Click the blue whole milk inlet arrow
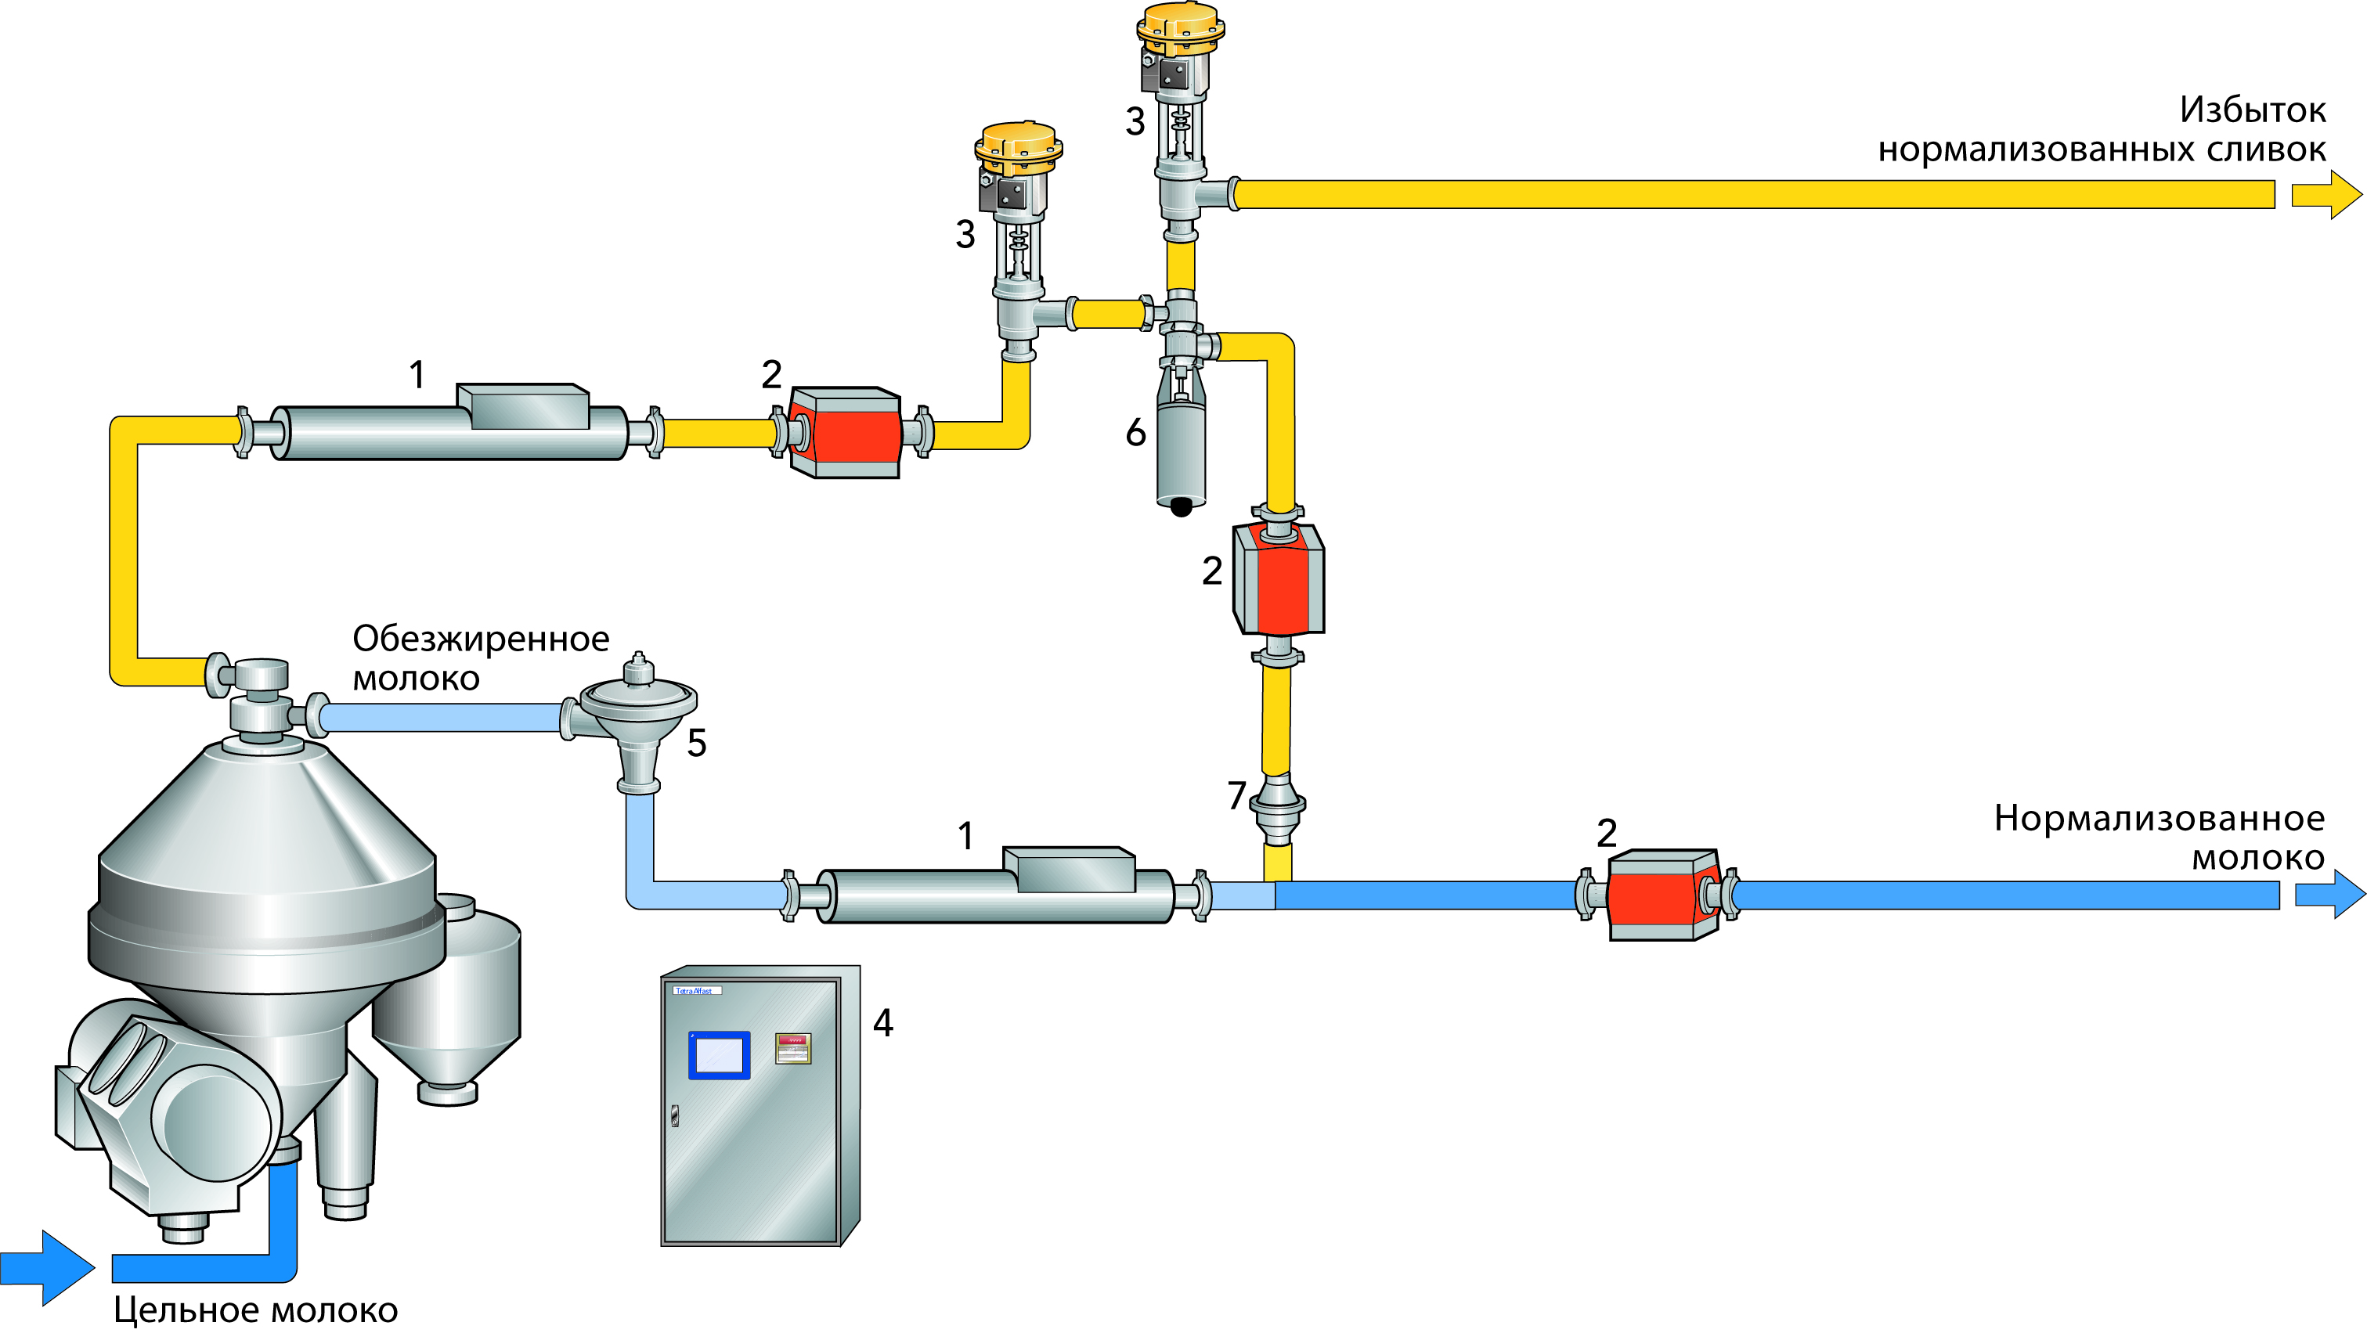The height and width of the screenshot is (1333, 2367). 46,1268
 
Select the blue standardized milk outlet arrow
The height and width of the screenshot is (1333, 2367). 2329,895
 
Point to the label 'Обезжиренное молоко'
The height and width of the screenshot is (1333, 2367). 480,657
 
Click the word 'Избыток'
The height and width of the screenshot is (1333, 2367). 2252,110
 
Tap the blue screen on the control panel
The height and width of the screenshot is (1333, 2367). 719,1054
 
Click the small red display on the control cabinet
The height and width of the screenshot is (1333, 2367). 792,1048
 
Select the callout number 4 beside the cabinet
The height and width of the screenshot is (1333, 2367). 883,1022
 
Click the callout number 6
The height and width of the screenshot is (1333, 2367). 1135,433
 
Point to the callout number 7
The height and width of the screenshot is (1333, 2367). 1237,795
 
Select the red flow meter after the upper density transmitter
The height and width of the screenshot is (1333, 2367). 844,433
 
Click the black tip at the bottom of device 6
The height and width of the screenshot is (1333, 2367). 1181,506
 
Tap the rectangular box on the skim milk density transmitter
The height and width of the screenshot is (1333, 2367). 1069,869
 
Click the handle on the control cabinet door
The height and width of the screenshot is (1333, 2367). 673,1116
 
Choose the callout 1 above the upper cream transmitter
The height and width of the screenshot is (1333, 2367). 417,375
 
